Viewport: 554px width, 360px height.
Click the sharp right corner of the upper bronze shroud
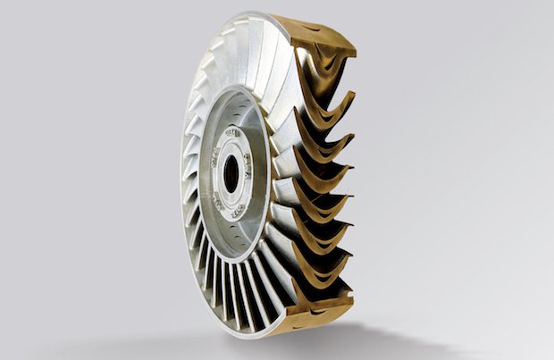[x=356, y=49]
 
